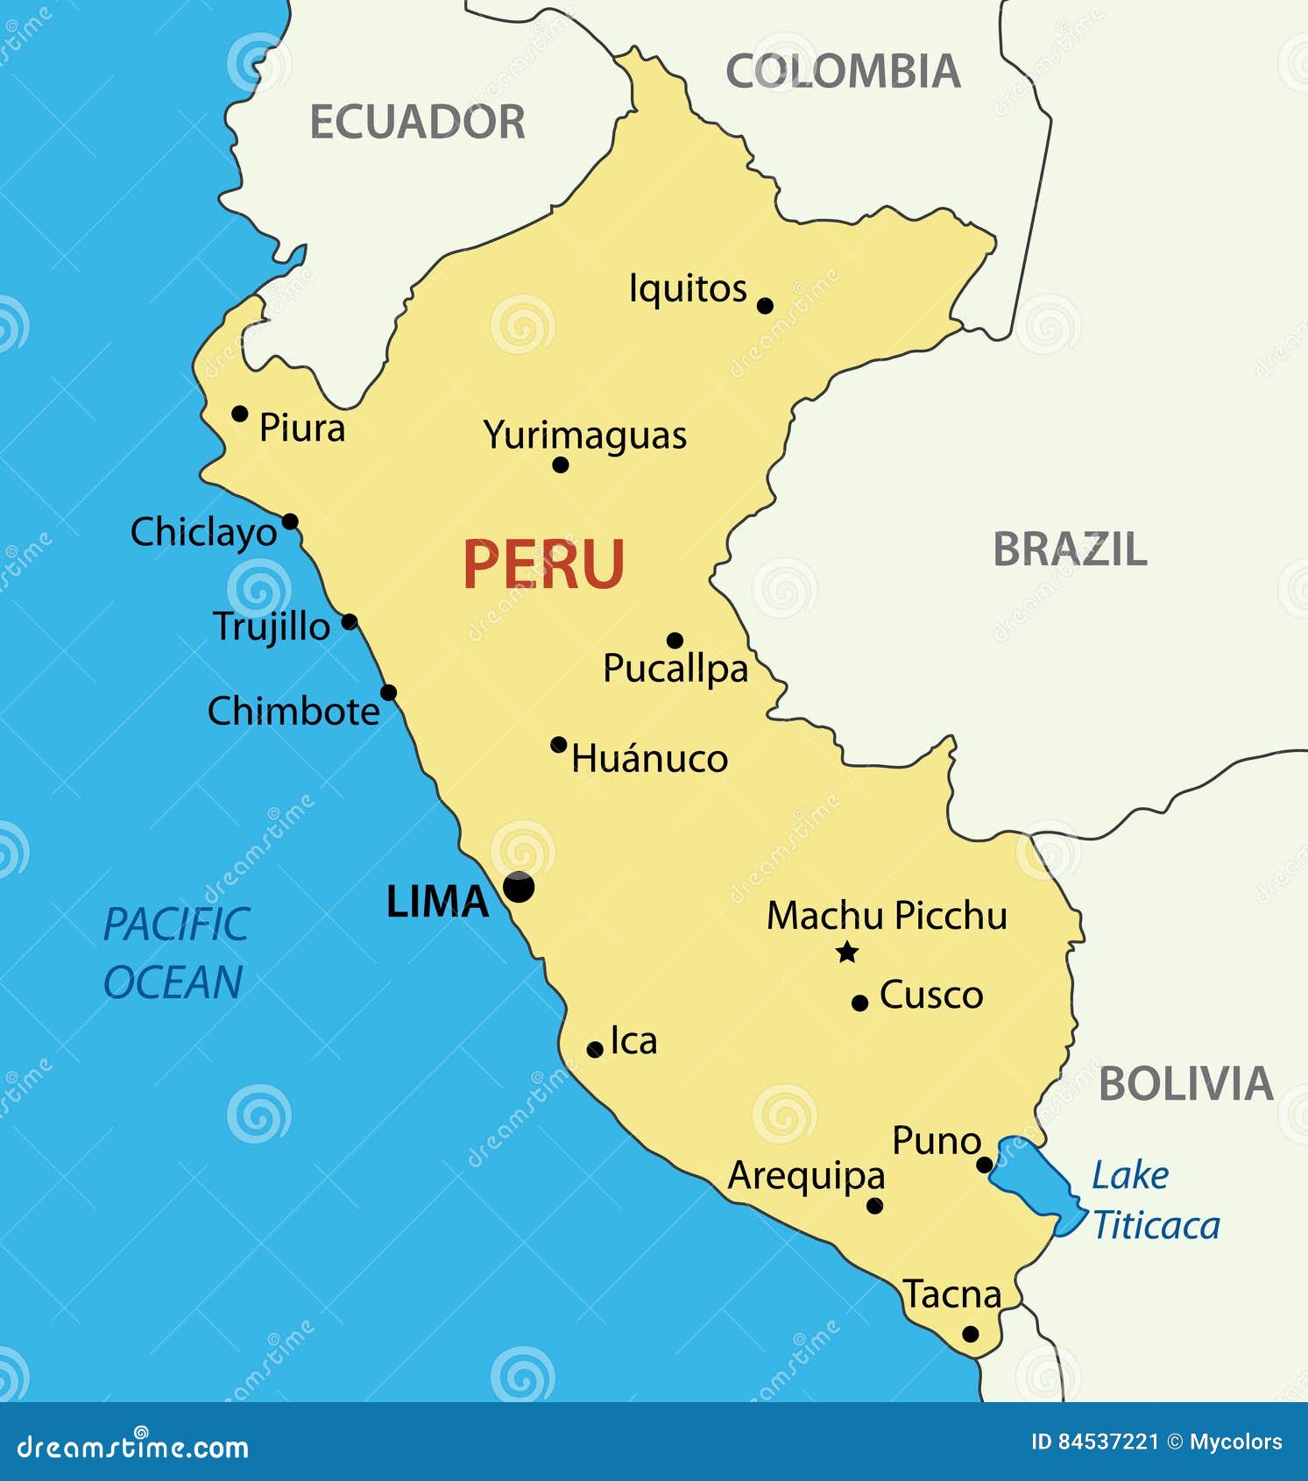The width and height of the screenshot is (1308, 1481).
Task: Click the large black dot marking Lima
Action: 519,887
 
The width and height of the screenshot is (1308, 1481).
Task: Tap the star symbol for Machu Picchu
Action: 847,952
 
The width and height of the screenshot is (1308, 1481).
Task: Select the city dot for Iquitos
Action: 765,306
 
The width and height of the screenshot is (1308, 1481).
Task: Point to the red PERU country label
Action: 543,565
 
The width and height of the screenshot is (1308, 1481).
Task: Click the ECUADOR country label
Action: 417,122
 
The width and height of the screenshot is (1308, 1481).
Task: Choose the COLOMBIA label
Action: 843,71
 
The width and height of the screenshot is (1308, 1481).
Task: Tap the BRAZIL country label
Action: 1070,549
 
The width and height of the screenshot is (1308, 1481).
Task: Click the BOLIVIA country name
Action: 1185,1084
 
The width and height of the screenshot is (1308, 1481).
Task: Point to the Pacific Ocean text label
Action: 175,953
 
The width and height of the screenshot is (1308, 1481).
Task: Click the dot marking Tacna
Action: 970,1334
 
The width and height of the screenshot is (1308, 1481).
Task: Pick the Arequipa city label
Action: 806,1177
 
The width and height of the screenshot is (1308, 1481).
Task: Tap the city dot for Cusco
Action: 859,1003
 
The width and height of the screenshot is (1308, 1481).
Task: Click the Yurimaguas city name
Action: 584,435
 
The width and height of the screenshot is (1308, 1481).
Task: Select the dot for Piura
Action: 239,414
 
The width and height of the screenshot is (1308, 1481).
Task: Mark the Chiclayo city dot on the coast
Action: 290,522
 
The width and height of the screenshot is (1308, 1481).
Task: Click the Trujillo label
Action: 272,627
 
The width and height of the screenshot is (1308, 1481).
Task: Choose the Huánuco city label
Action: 649,759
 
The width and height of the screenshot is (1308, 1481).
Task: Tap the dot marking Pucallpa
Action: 675,641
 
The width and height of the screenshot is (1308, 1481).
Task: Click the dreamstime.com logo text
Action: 133,1448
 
